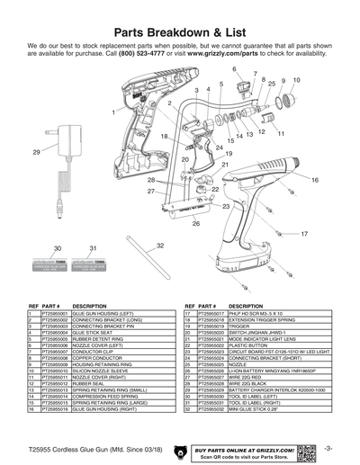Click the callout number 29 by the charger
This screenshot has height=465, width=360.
point(36,153)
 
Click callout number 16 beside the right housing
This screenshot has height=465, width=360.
point(315,181)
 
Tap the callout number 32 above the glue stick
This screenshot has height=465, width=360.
point(160,246)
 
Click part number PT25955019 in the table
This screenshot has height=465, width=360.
point(212,326)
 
